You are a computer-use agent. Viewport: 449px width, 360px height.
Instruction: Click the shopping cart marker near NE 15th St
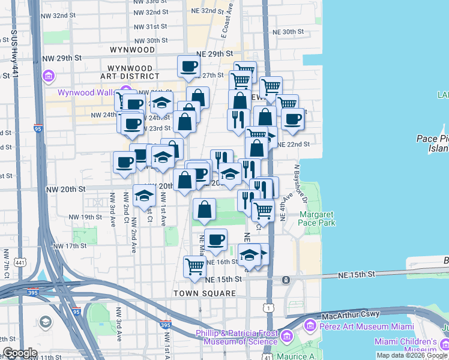click(194, 265)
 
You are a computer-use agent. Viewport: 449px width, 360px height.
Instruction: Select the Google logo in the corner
click(19, 353)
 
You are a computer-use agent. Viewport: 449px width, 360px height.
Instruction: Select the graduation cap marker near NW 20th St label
click(144, 196)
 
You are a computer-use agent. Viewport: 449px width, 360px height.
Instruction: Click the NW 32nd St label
click(150, 12)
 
